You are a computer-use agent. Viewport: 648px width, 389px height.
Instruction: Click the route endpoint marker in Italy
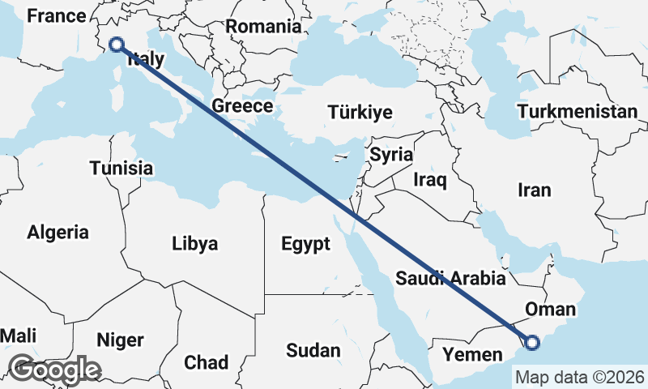coord(116,45)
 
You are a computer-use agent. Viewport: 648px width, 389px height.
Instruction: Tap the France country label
coord(56,15)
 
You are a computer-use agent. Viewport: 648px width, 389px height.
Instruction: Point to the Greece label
coord(242,106)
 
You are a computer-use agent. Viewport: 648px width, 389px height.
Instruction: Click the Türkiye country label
coord(360,113)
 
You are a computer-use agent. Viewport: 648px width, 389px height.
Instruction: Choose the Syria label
coord(391,154)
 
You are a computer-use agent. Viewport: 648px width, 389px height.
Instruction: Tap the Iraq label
coord(430,179)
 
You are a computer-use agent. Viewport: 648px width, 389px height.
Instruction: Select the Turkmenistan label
coord(577,112)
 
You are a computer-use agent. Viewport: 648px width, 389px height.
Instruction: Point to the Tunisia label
coord(121,169)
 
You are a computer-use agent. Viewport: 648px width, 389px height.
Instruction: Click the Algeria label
coord(58,233)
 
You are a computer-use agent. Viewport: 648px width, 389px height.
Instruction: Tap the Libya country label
coord(194,243)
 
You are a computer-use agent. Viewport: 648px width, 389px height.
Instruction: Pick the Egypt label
coord(305,244)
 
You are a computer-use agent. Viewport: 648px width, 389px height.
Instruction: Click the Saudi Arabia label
coord(451,279)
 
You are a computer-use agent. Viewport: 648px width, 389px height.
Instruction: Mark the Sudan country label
coord(313,350)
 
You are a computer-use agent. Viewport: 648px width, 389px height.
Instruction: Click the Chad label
coord(207,361)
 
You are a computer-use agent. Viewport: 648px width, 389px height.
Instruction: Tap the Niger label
coord(119,340)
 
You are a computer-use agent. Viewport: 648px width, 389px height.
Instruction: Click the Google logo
coord(54,369)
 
